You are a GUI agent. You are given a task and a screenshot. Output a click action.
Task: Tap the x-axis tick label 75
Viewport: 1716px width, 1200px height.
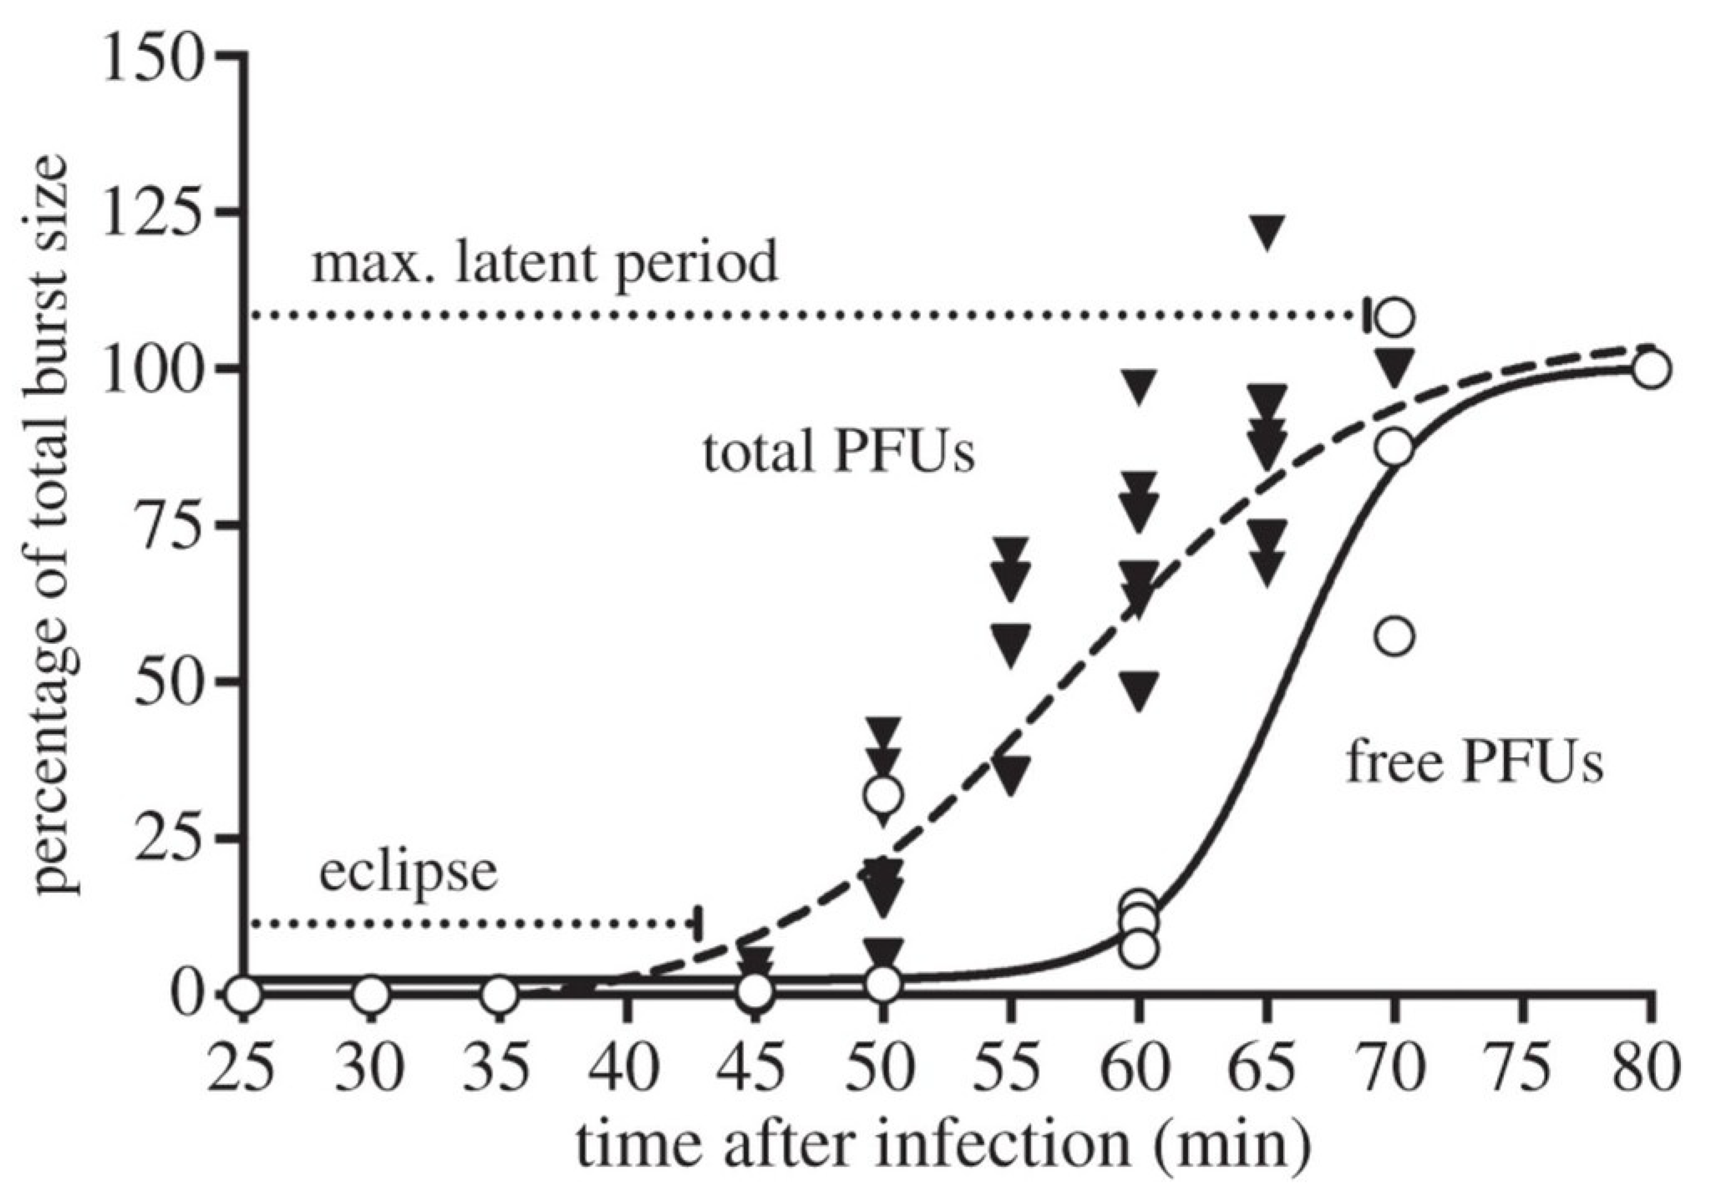coord(1521,1069)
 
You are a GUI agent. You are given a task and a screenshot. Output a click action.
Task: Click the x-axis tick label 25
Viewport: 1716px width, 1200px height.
coord(241,1069)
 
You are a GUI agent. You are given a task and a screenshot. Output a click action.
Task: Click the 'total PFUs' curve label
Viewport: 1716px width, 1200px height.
coord(839,452)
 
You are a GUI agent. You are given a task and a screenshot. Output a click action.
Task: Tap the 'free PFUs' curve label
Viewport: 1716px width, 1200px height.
coord(1474,763)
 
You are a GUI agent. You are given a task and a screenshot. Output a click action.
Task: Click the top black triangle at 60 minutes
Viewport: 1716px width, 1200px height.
coord(1138,386)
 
